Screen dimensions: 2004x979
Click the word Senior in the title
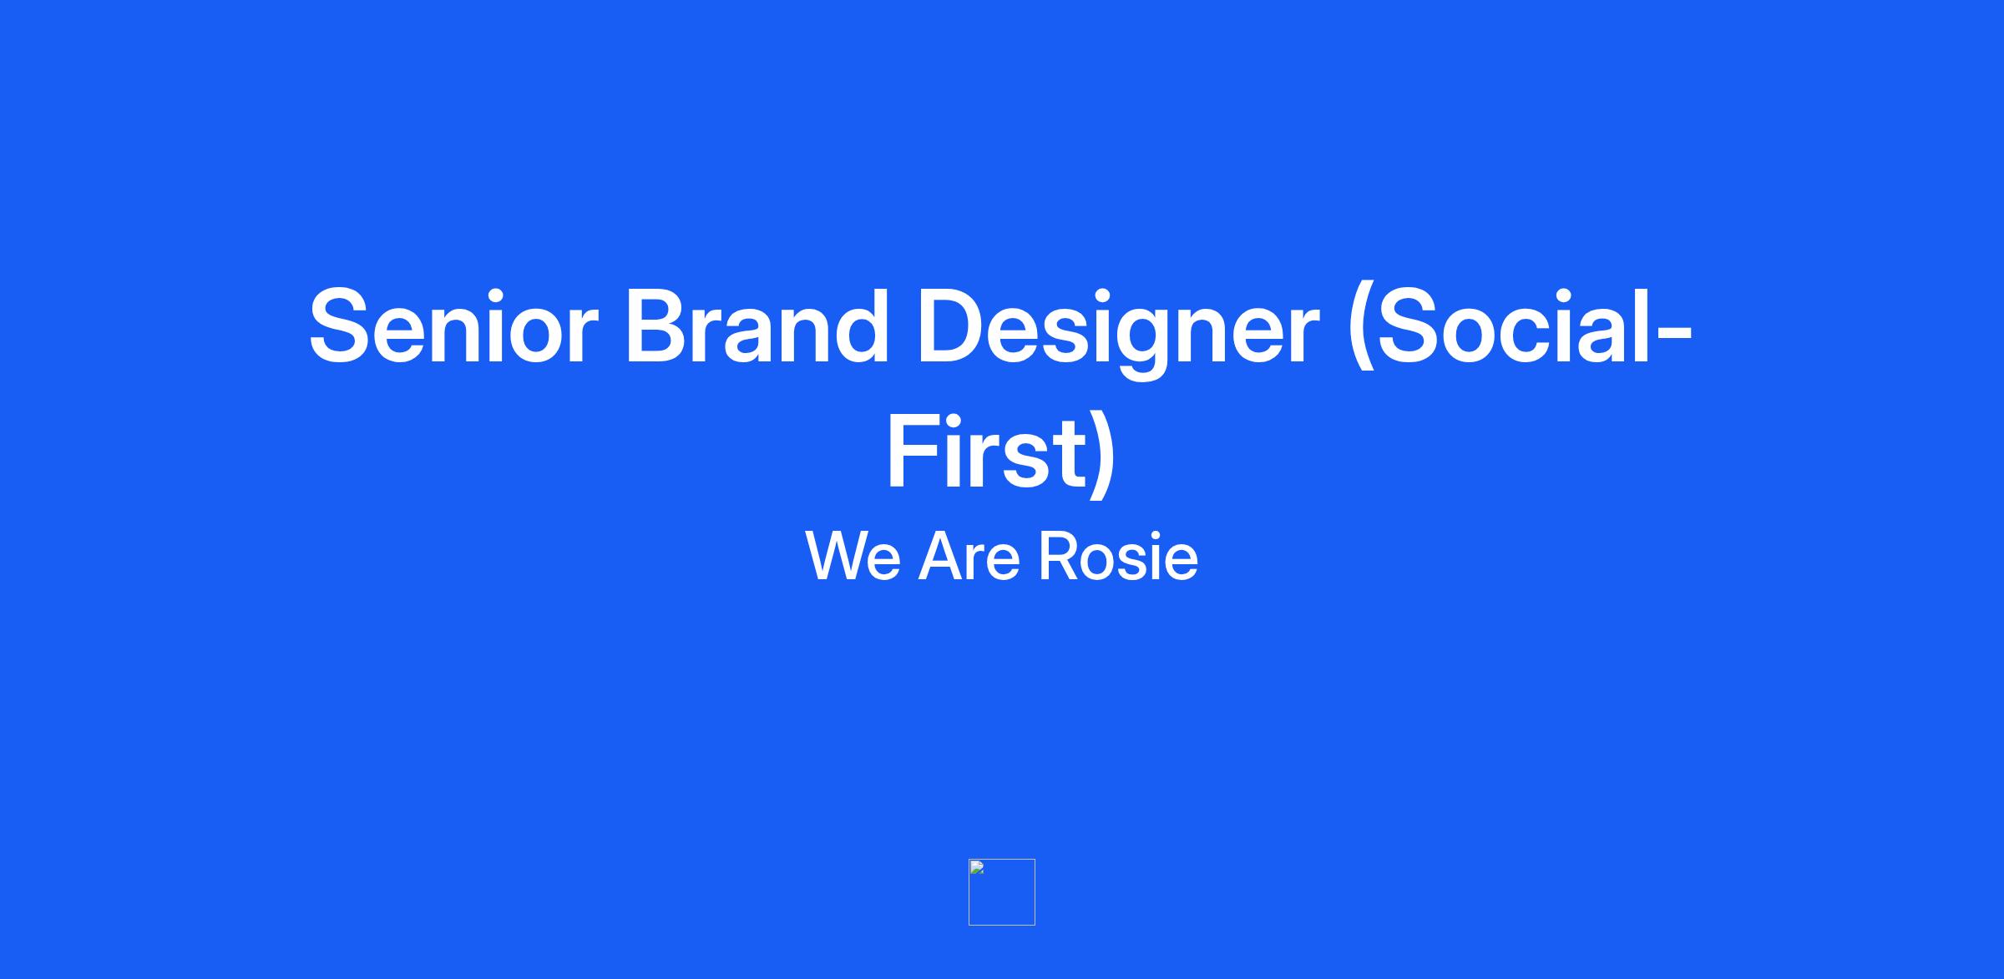pyautogui.click(x=453, y=326)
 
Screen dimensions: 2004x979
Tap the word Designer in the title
pyautogui.click(x=1117, y=331)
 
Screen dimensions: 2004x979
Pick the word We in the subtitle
pyautogui.click(x=853, y=556)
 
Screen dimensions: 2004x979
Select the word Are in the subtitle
pyautogui.click(x=969, y=556)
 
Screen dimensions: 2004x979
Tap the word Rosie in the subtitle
pyautogui.click(x=1118, y=556)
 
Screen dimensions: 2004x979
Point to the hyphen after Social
pyautogui.click(x=1673, y=336)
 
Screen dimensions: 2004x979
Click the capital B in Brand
pyautogui.click(x=659, y=326)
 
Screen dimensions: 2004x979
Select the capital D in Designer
pyautogui.click(x=953, y=326)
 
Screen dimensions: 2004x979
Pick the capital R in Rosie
pyautogui.click(x=1058, y=556)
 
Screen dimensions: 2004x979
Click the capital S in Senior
pyautogui.click(x=339, y=326)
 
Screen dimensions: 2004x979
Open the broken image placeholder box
pyautogui.click(x=1002, y=892)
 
